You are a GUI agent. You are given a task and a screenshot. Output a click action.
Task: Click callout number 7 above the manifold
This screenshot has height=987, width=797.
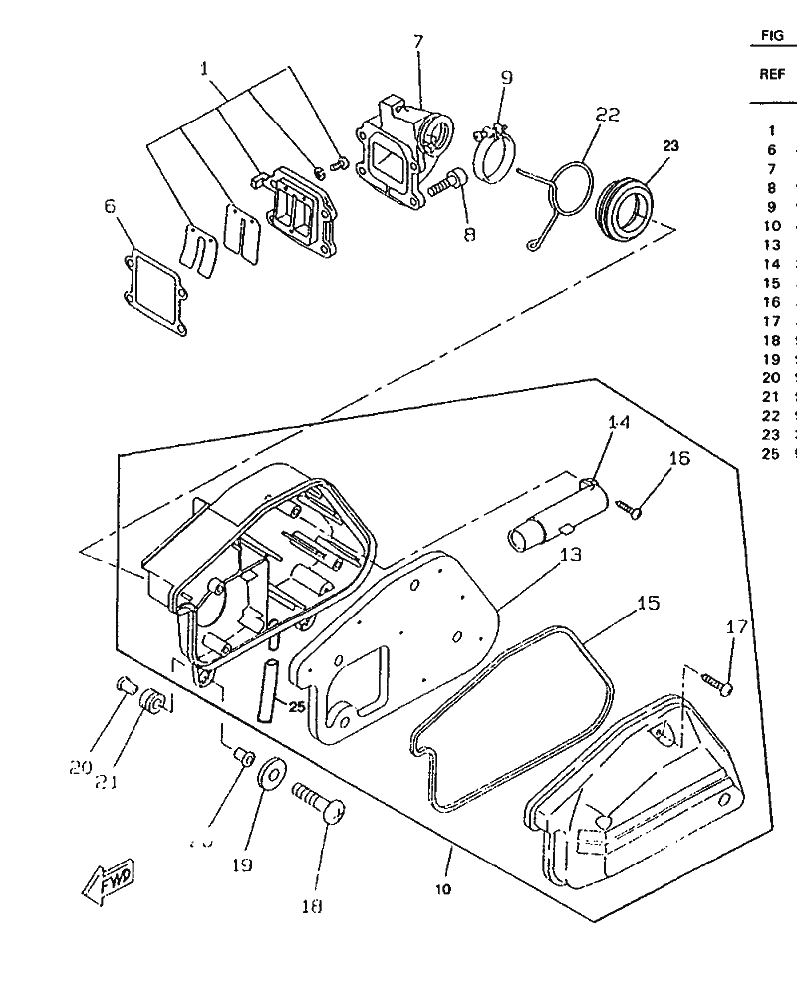(x=418, y=41)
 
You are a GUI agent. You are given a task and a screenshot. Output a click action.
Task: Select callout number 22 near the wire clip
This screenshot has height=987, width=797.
(x=608, y=116)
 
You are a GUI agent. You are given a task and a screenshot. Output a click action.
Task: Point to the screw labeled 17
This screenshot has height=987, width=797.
(x=717, y=683)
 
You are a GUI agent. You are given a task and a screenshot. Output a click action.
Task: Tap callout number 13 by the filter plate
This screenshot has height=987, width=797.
(x=571, y=555)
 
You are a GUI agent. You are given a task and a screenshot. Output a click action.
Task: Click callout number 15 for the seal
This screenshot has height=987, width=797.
(x=648, y=604)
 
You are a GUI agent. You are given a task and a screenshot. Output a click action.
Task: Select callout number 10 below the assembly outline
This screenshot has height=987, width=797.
(x=442, y=888)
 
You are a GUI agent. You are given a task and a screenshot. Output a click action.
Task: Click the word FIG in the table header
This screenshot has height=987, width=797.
(x=772, y=35)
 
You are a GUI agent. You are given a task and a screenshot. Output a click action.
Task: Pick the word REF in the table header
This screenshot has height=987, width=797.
(x=772, y=73)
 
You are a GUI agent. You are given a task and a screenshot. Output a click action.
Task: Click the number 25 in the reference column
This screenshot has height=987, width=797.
(x=770, y=454)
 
